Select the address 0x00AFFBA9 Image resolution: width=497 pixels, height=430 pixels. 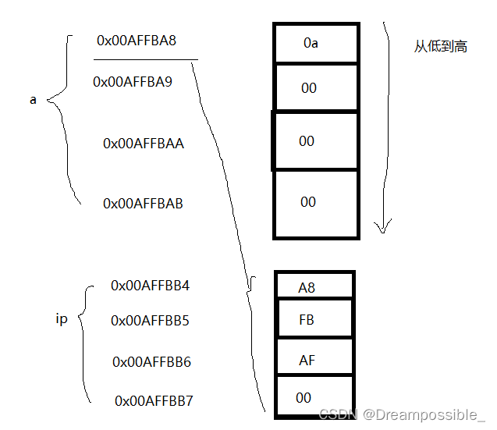(x=133, y=81)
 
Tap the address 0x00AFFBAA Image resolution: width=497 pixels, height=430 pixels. (x=144, y=144)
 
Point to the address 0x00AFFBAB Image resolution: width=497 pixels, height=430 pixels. (x=144, y=203)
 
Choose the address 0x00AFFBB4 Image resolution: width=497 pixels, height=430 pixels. (x=151, y=286)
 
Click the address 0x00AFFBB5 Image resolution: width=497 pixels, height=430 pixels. (x=151, y=321)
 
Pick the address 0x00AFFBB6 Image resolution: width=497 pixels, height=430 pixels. (x=152, y=362)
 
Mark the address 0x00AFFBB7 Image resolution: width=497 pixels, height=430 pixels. (x=154, y=401)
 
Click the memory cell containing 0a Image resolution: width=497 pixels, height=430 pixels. (x=315, y=44)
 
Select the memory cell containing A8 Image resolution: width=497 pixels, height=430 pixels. (x=315, y=286)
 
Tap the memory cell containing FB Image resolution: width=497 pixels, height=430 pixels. (x=315, y=320)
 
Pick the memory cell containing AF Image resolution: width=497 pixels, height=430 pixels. (x=315, y=359)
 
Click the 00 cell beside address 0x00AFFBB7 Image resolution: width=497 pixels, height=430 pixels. (x=315, y=398)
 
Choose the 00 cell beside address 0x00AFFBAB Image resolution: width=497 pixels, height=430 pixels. (x=315, y=203)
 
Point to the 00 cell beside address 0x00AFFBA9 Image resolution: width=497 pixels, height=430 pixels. (x=315, y=87)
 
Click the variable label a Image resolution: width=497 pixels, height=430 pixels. (x=33, y=100)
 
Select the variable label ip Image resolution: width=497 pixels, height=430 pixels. (x=62, y=319)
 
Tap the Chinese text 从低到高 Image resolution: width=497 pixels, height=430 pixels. (x=441, y=47)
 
